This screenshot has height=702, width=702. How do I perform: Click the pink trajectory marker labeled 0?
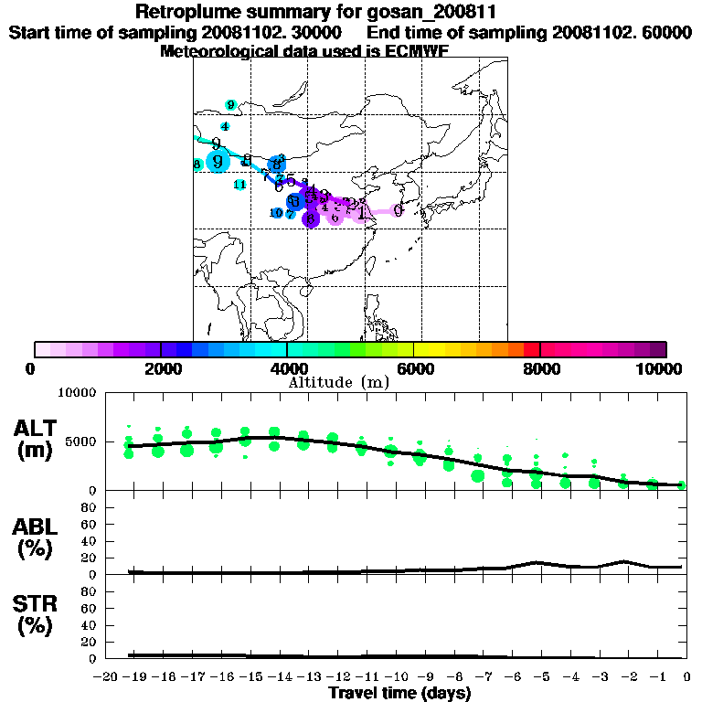tap(398, 210)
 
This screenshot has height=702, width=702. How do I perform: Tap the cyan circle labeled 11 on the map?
tap(239, 185)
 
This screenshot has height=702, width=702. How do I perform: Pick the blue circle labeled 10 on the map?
tap(277, 213)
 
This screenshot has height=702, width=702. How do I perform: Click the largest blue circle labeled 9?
tap(218, 162)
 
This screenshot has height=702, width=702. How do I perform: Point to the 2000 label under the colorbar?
tap(161, 368)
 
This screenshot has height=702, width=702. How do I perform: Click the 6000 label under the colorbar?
tap(414, 368)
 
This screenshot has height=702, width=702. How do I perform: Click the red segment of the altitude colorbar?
tap(531, 349)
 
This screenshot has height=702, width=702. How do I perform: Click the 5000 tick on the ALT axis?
tap(81, 441)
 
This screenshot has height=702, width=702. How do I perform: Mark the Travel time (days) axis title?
tap(399, 693)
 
